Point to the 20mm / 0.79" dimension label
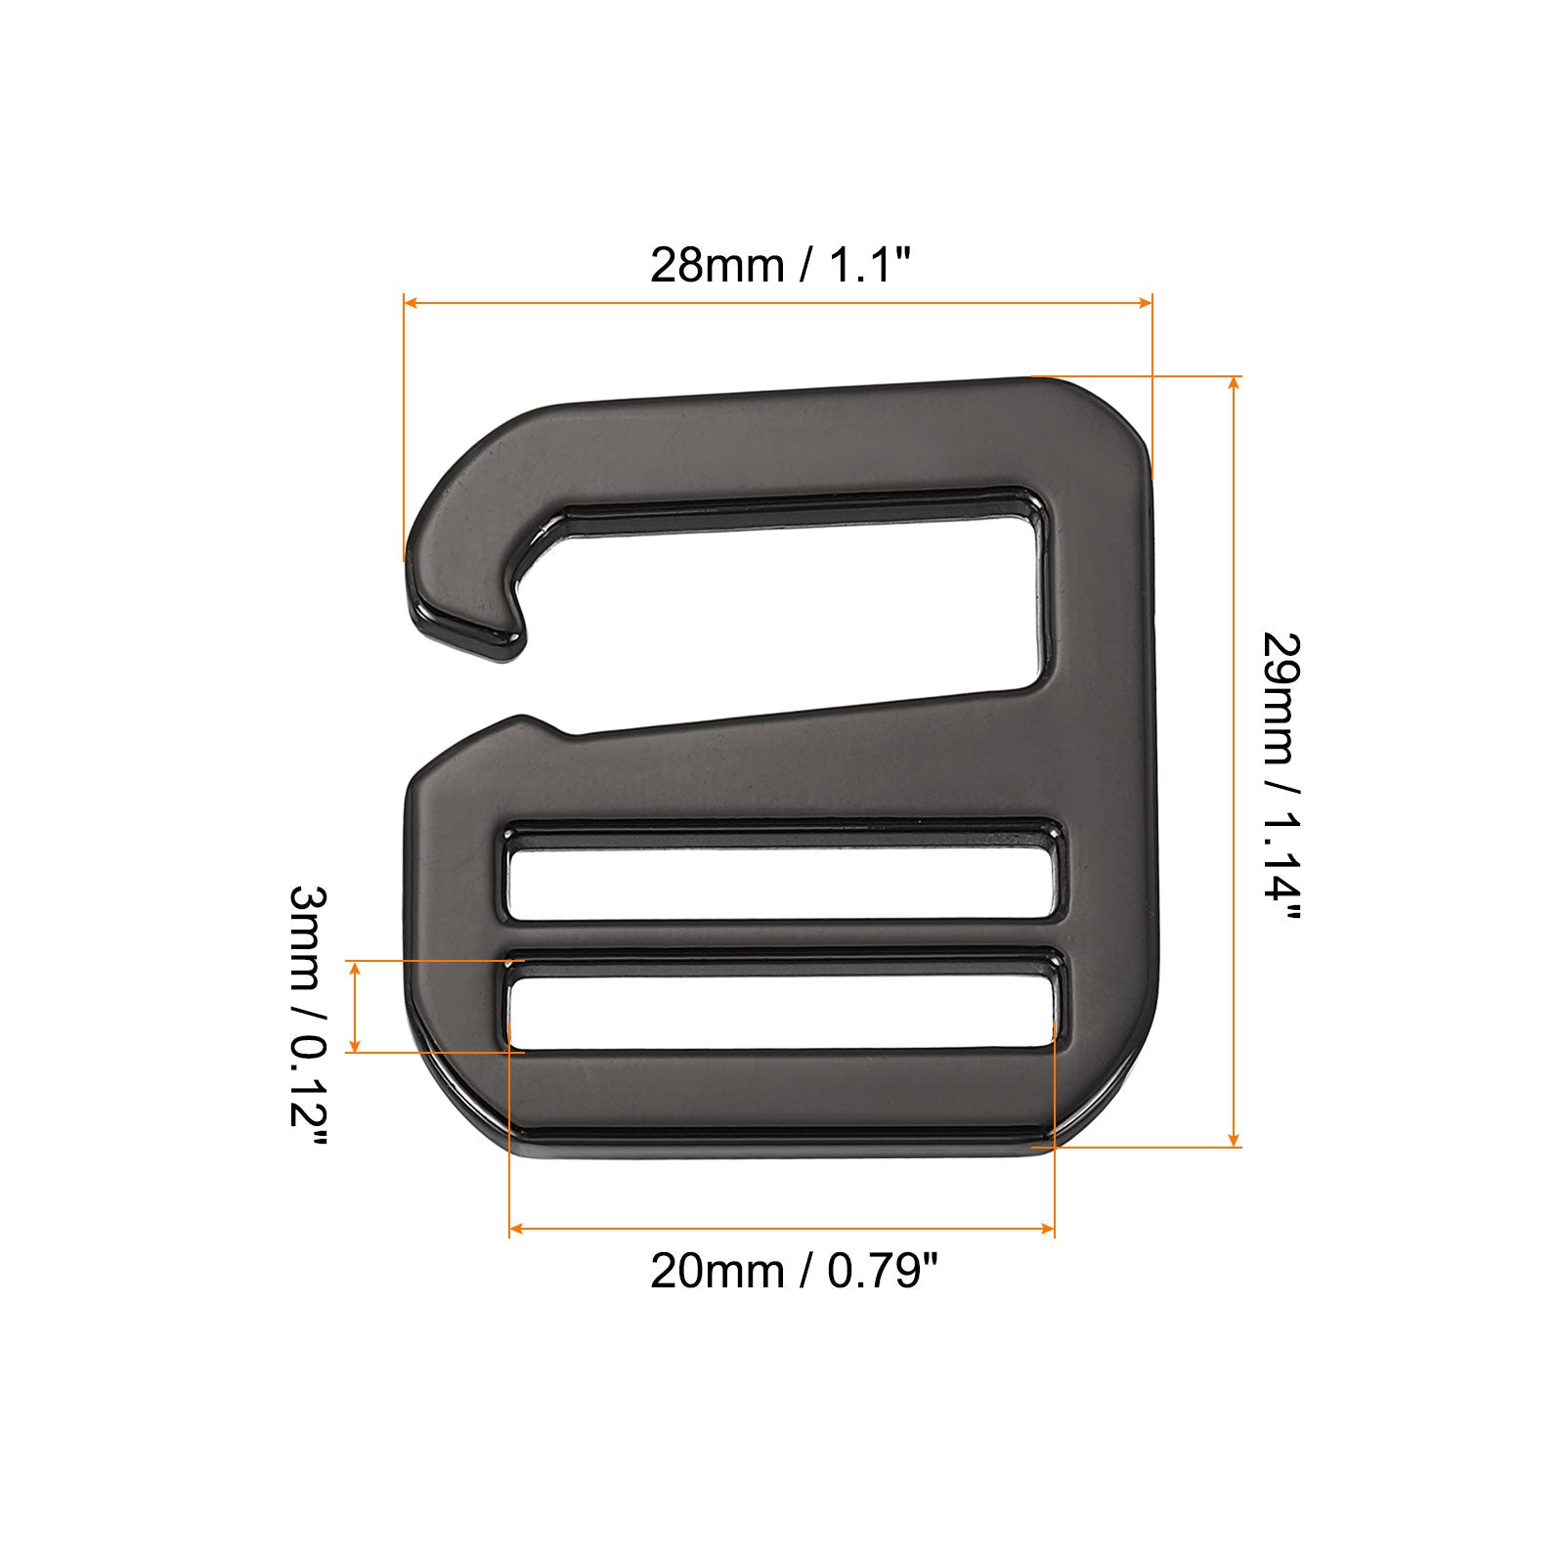pyautogui.click(x=794, y=1271)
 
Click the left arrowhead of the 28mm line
pyautogui.click(x=411, y=304)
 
